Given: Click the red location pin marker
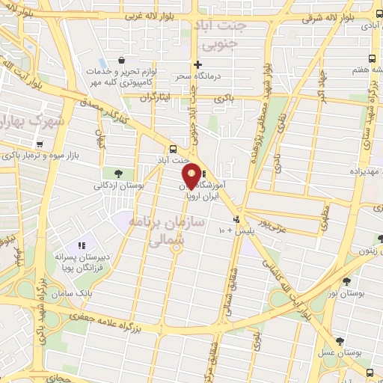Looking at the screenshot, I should (x=191, y=175).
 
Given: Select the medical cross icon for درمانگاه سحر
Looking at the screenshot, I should (x=197, y=64).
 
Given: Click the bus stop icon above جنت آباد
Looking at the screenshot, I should (x=173, y=148).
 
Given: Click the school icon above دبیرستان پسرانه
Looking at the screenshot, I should (x=82, y=245).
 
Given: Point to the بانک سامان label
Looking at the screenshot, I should (x=94, y=293).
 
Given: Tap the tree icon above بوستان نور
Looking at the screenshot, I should (x=346, y=281).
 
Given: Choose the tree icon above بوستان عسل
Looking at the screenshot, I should (x=340, y=340).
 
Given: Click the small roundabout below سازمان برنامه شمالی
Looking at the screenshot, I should (x=176, y=250).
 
